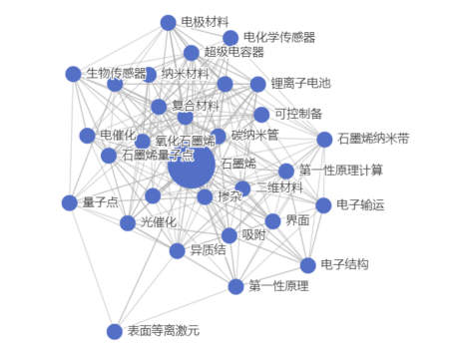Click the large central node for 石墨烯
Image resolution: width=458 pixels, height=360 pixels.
192,164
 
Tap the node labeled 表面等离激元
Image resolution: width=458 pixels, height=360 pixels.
113,330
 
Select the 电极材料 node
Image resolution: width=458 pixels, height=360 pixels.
168,22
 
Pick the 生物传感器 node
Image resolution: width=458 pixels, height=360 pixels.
72,74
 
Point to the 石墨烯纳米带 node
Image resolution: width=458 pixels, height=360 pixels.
324,139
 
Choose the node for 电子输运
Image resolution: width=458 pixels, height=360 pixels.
323,205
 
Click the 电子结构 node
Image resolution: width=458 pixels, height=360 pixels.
305,265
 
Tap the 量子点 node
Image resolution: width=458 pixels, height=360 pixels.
69,202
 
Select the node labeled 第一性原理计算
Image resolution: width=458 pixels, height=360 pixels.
286,171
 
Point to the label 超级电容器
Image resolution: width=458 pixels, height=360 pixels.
233,52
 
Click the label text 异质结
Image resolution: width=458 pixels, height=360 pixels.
209,249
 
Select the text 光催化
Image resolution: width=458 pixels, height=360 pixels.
158,221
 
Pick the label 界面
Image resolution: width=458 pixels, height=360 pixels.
297,220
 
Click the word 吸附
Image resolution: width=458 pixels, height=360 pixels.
253,235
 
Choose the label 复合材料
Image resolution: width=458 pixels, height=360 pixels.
195,105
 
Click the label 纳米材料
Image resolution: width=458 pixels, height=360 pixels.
186,73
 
